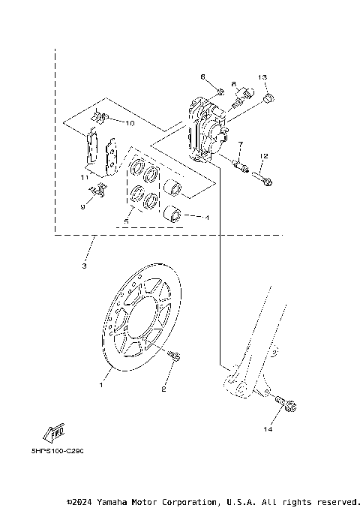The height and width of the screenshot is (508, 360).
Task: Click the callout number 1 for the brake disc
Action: pos(100,385)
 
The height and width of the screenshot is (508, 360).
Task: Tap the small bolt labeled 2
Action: pos(175,357)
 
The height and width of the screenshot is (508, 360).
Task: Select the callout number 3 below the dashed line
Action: pos(85,266)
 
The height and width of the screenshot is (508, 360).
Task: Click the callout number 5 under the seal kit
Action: pos(126,222)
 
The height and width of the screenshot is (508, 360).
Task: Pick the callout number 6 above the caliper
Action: pos(202,77)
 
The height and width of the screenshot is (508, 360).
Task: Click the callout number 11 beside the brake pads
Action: pos(85,177)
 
